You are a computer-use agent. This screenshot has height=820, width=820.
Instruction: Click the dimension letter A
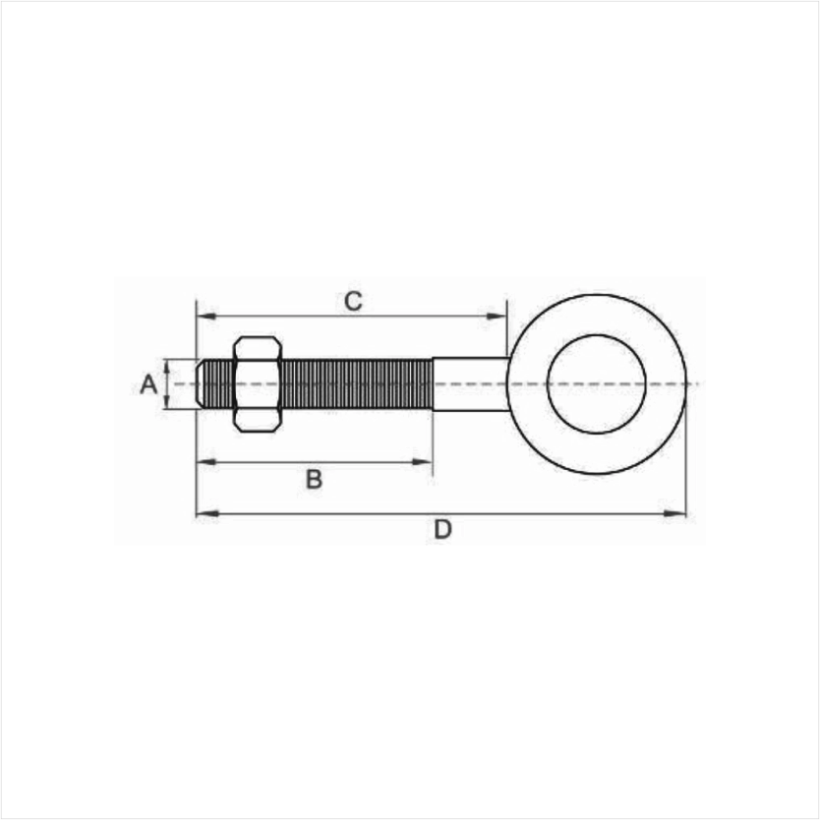point(148,384)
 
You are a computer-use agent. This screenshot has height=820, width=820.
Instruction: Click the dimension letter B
point(314,479)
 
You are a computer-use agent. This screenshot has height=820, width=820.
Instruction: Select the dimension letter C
point(353,301)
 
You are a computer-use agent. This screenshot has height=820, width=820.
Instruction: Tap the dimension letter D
point(442,530)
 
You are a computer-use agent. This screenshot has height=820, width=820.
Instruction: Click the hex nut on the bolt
point(258,384)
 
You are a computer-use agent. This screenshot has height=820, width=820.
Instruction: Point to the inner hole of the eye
point(596,384)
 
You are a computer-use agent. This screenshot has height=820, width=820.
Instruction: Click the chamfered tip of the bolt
point(200,384)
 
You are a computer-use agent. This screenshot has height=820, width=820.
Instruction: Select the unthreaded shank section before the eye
point(470,384)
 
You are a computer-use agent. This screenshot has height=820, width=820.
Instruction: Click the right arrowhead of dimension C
point(497,317)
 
